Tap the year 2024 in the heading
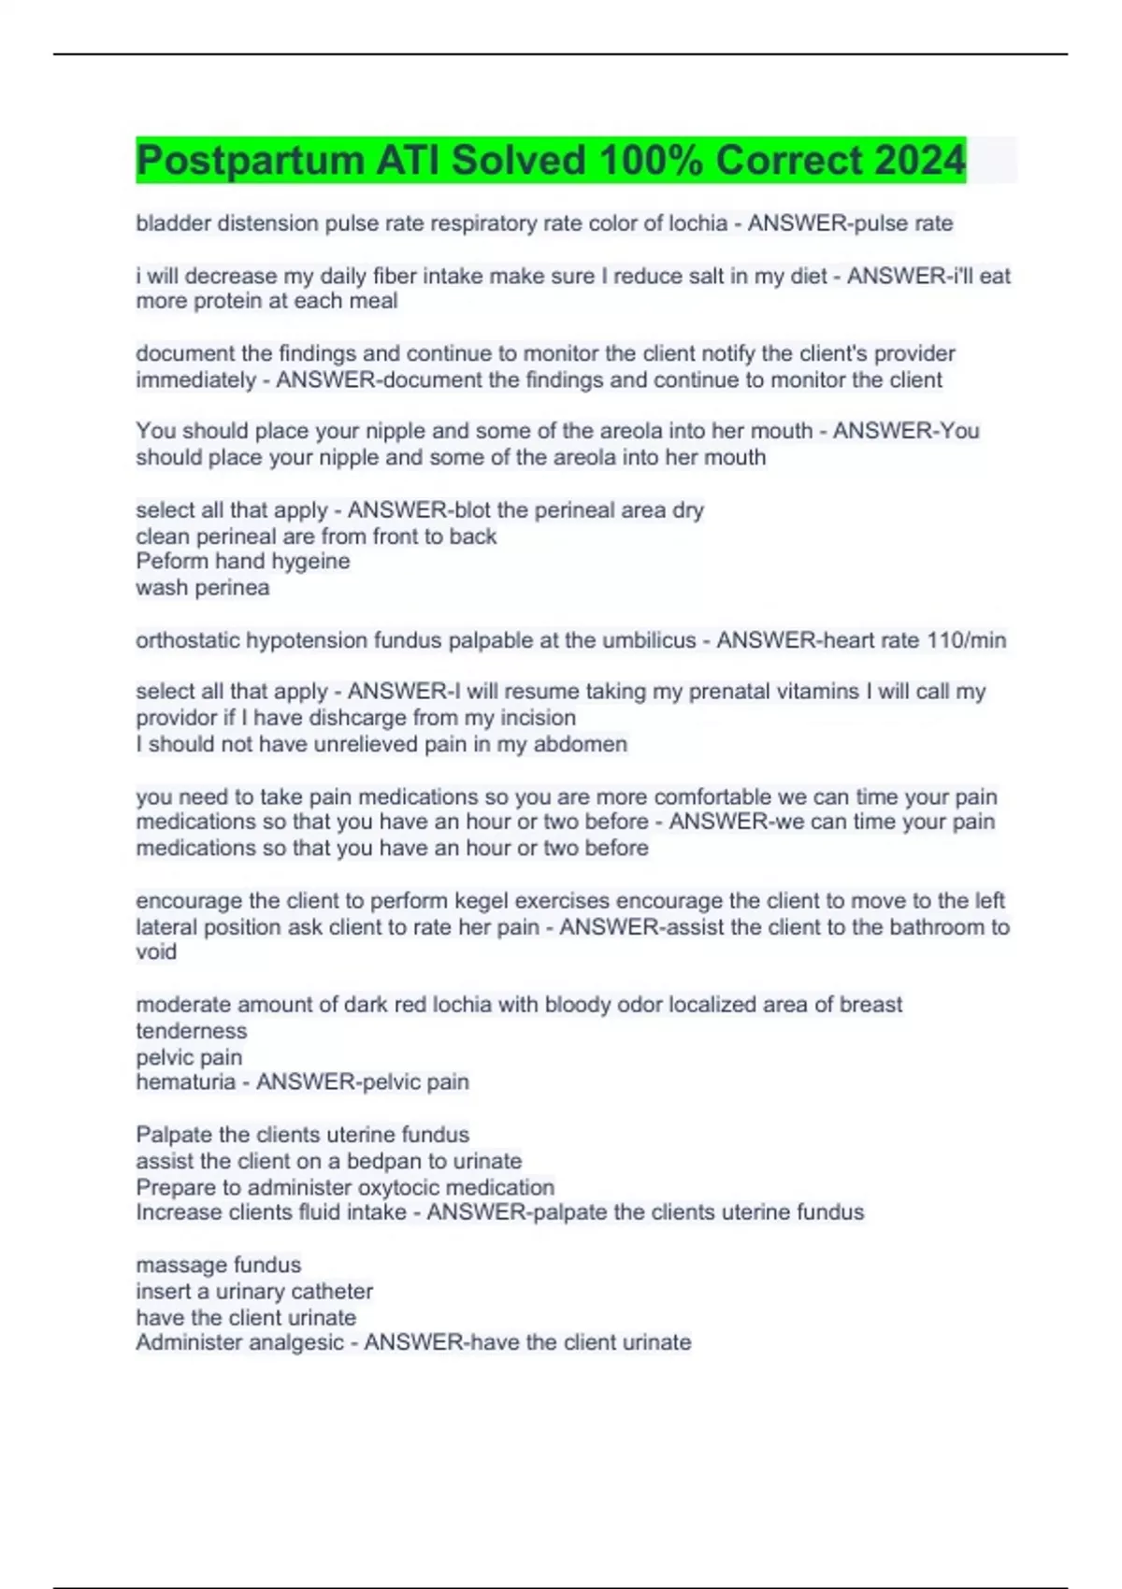tap(919, 161)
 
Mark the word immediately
tap(195, 379)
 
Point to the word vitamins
tap(810, 692)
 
